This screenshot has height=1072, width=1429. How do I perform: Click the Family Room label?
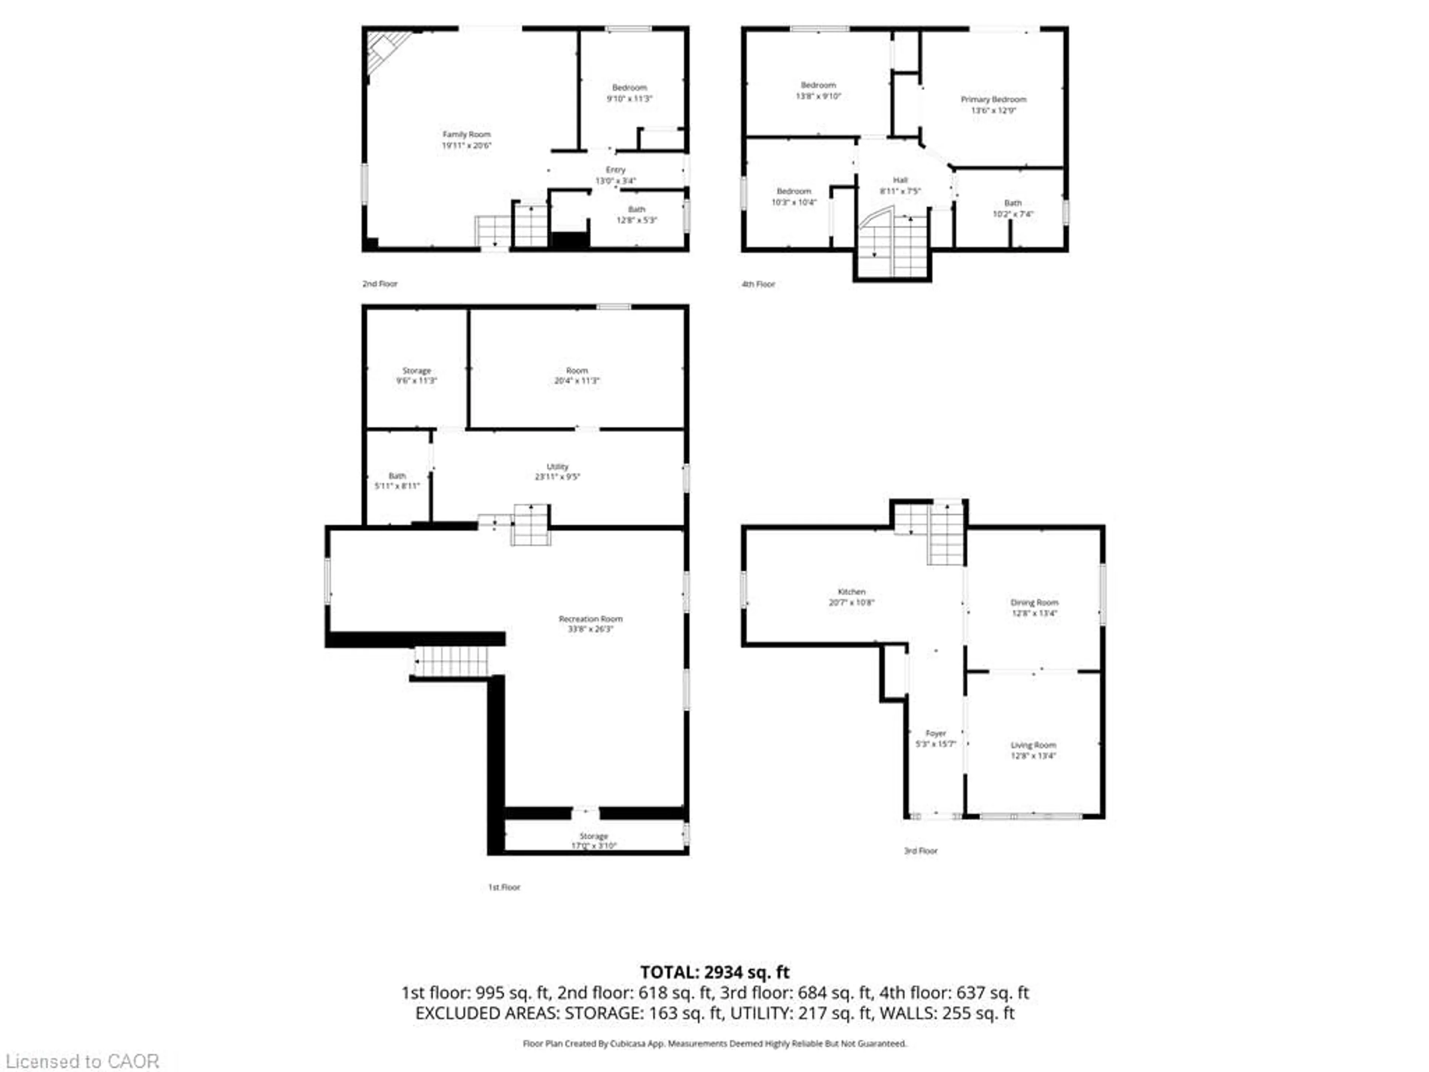click(x=466, y=134)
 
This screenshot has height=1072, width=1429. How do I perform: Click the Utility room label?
click(x=557, y=466)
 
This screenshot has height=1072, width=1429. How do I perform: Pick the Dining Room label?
click(x=1034, y=602)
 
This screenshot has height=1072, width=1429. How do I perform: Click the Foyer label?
click(x=936, y=733)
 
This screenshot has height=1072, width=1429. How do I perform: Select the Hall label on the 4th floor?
click(x=900, y=180)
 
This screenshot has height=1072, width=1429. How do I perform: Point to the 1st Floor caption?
click(x=504, y=887)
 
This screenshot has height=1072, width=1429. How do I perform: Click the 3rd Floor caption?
click(x=921, y=851)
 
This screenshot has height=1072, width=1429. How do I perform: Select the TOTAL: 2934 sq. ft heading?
click(x=714, y=972)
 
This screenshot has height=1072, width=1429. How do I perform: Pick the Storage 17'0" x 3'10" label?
click(x=594, y=841)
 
